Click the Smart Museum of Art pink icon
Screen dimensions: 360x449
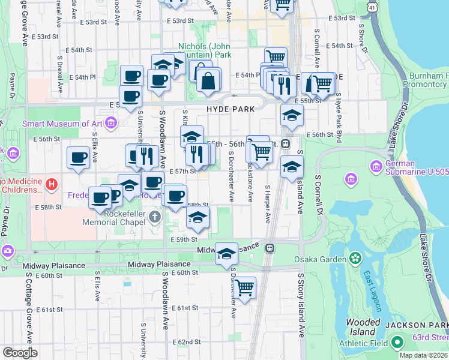(110, 124)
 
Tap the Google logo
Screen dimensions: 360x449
(20, 353)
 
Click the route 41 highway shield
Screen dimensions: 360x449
(373, 7)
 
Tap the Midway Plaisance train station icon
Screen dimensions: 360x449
(271, 247)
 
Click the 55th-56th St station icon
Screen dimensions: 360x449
(286, 144)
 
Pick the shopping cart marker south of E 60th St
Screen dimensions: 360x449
(245, 288)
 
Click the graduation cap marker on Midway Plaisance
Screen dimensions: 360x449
(226, 254)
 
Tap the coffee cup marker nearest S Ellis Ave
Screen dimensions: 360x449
(78, 158)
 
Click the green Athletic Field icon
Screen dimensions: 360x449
(397, 343)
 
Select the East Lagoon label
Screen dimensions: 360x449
(372, 292)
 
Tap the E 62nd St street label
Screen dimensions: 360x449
(184, 342)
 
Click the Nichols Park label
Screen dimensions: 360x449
(205, 50)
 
